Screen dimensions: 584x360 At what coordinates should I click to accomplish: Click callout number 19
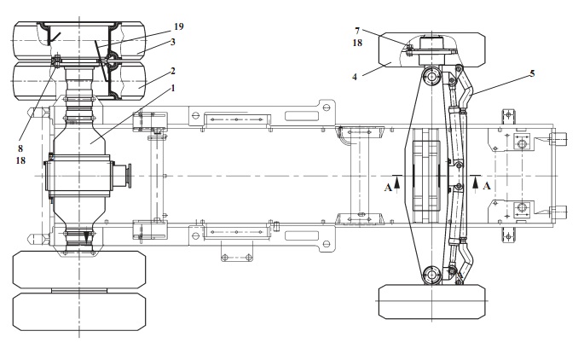click(179, 26)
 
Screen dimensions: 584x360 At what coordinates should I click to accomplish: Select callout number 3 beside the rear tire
click(173, 42)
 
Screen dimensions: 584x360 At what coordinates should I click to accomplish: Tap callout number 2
click(173, 71)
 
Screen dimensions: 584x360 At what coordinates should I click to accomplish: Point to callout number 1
click(173, 89)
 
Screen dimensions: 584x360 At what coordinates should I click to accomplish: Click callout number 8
click(20, 148)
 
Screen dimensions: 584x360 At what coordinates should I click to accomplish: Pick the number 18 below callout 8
click(20, 160)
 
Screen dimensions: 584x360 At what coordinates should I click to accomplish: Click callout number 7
click(357, 31)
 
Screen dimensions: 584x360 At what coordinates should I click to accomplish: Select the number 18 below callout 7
click(357, 43)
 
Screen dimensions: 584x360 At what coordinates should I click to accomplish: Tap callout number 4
click(355, 77)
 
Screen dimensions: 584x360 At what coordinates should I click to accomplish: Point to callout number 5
click(532, 73)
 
